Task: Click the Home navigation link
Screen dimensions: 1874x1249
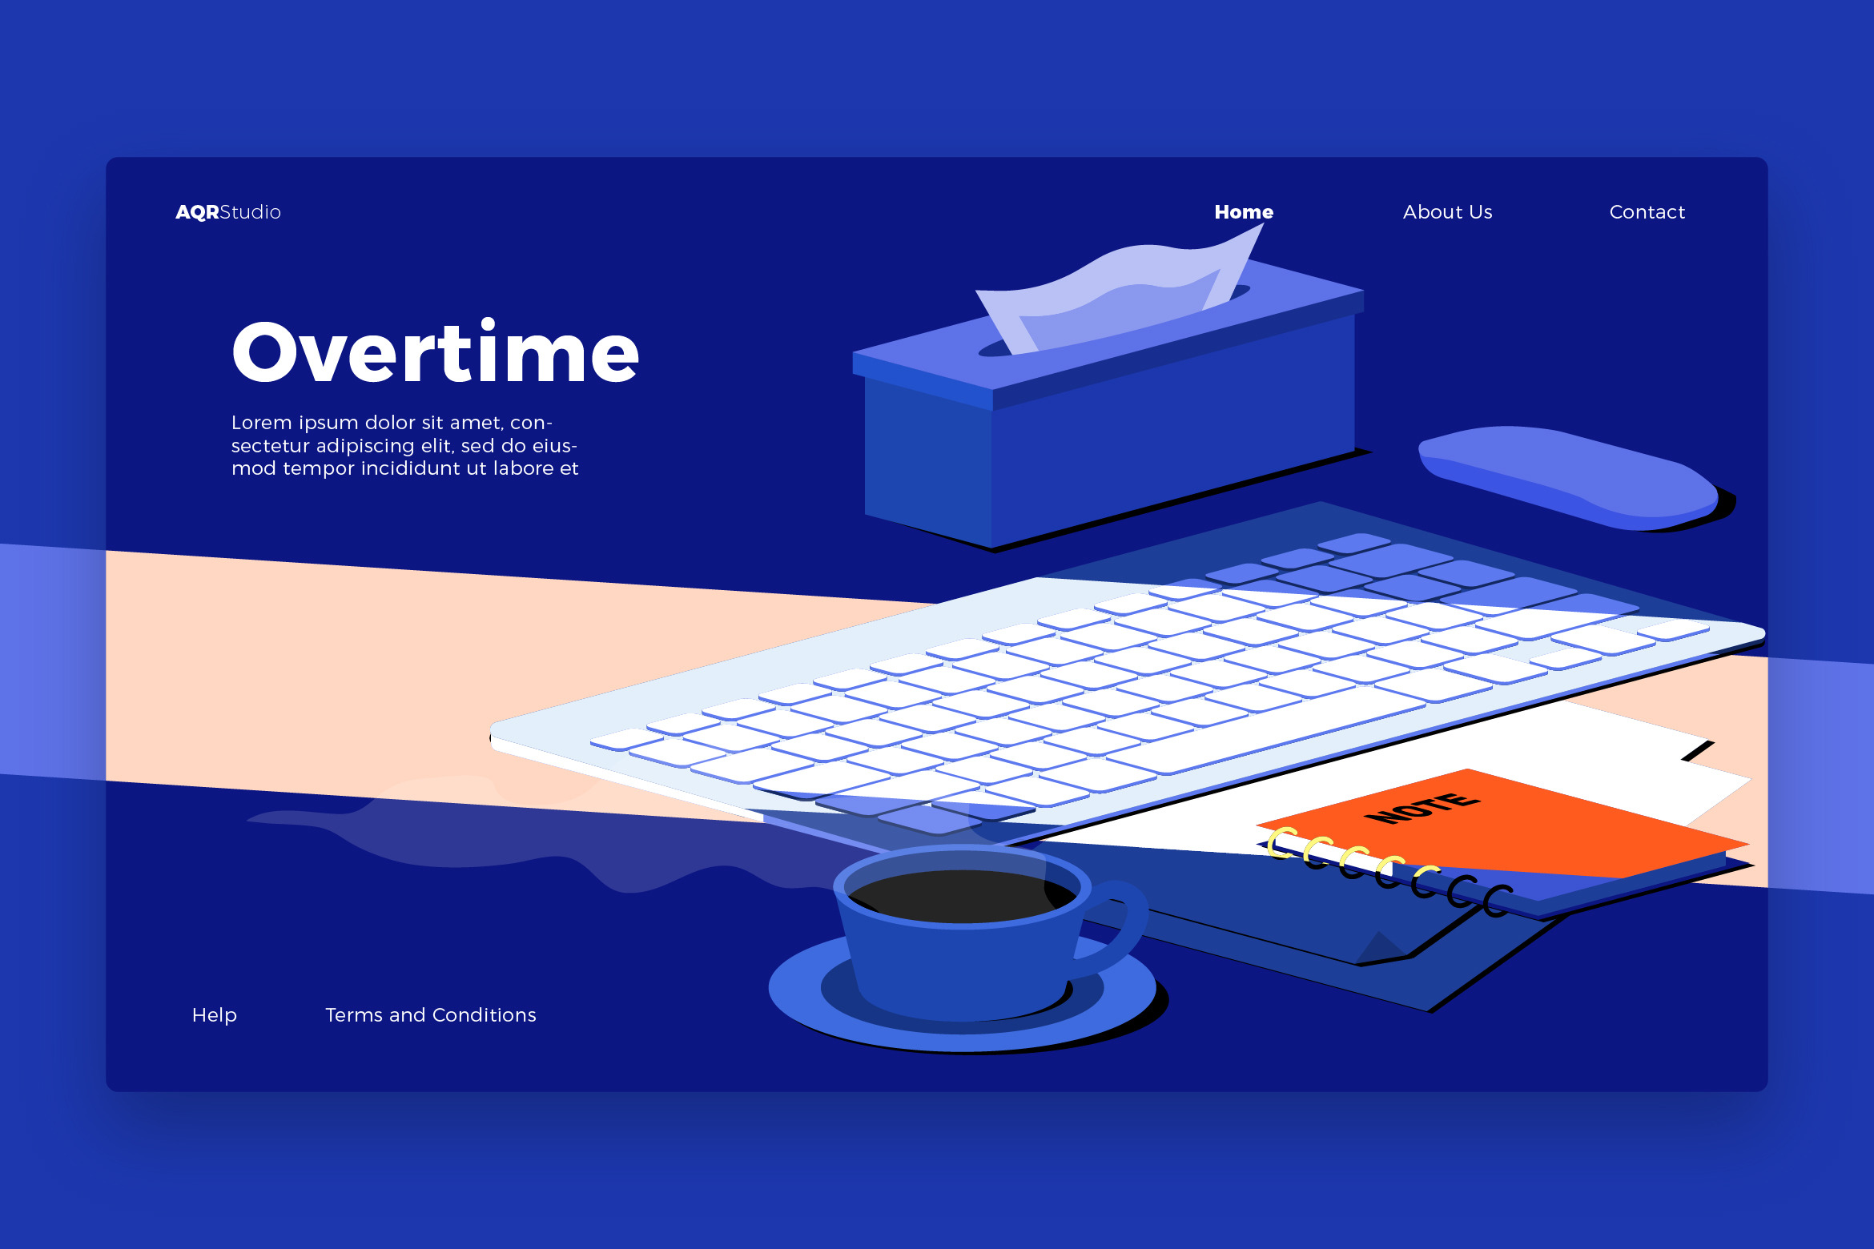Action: (x=1244, y=212)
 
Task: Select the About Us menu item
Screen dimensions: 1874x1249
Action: (x=1447, y=212)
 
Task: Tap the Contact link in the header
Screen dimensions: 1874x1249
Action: (x=1647, y=212)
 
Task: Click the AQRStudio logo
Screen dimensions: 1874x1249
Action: (x=228, y=212)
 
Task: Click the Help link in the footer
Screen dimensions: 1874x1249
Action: (x=215, y=1015)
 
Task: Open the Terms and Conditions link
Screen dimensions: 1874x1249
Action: (x=431, y=1015)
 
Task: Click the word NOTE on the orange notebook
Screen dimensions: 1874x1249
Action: (x=1422, y=807)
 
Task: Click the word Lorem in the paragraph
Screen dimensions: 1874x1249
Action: (x=261, y=422)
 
